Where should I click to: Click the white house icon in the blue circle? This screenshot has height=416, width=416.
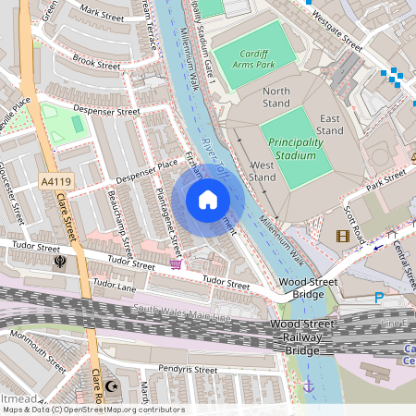(208, 199)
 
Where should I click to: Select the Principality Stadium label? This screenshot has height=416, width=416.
(296, 148)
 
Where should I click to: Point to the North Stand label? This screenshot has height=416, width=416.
(276, 98)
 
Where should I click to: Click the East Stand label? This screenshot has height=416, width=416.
(333, 125)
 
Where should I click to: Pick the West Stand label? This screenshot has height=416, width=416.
(263, 170)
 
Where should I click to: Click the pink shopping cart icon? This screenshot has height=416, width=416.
(176, 264)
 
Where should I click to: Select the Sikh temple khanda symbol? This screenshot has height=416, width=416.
(60, 262)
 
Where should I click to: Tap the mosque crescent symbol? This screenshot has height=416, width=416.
(113, 385)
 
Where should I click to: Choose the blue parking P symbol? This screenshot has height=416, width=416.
(379, 298)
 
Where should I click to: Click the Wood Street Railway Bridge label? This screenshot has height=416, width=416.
(301, 337)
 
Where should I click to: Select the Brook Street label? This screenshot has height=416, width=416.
(96, 64)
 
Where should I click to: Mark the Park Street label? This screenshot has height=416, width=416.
(387, 177)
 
